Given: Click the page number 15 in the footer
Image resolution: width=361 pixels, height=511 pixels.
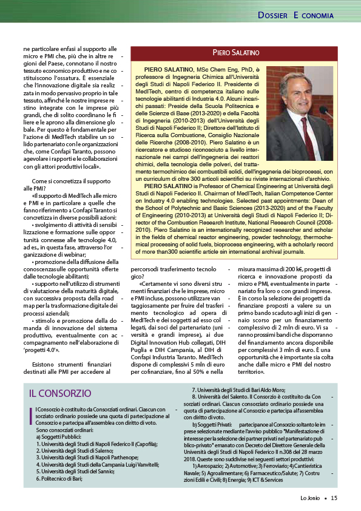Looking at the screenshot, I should pos(334,498).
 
